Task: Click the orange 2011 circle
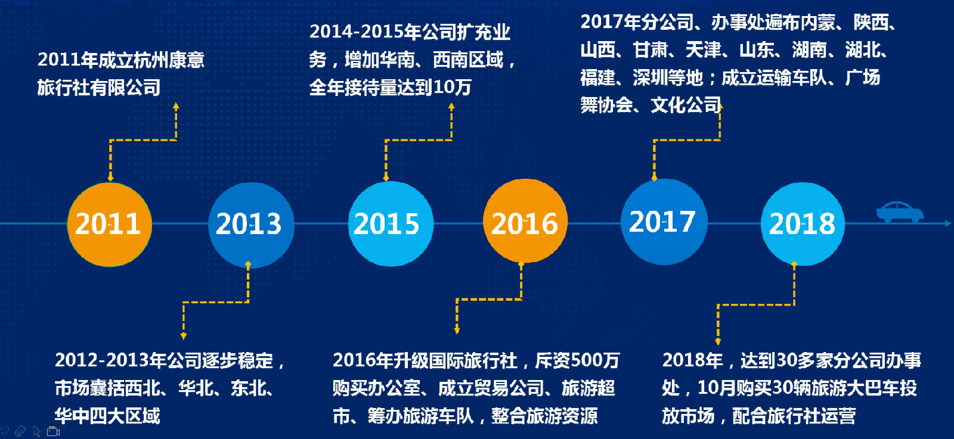(110, 225)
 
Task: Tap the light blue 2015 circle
(391, 224)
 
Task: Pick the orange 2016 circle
(525, 221)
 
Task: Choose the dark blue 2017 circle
(664, 222)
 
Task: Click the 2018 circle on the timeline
(803, 224)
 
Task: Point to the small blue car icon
(900, 212)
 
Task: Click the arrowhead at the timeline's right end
(948, 223)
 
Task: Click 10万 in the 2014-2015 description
(453, 87)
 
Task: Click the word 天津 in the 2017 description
(703, 50)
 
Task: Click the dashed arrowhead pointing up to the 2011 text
(176, 107)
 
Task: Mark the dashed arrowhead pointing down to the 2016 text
(457, 331)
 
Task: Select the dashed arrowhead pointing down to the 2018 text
(718, 341)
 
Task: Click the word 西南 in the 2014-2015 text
(450, 60)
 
